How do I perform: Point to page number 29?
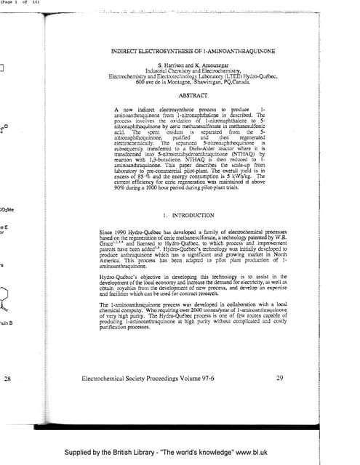tap(281, 379)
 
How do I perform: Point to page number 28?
tap(7, 379)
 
